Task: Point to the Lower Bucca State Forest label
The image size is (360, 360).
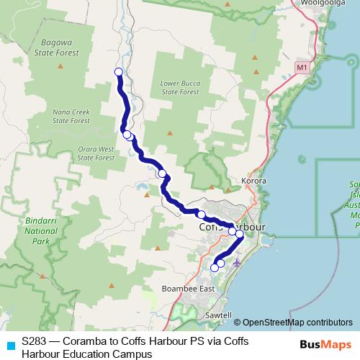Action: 179,88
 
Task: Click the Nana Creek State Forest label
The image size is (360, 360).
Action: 71,117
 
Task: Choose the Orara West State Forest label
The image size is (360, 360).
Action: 96,153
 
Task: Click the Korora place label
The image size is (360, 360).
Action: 255,181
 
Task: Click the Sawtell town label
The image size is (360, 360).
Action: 216,315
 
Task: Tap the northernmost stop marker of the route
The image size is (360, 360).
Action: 119,71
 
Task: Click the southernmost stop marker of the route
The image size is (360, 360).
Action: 214,268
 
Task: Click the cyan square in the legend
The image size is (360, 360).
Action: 10,345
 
